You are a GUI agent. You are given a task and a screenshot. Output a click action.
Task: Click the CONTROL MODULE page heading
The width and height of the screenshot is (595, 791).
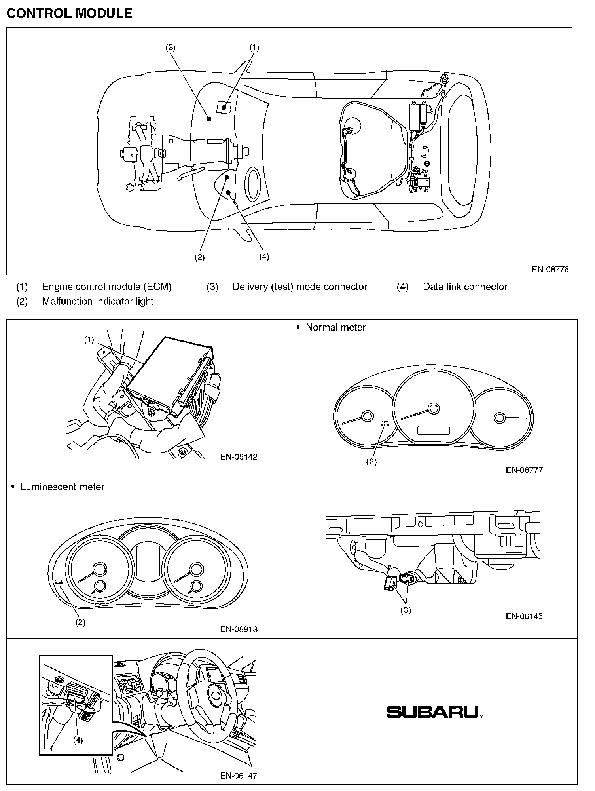[69, 13]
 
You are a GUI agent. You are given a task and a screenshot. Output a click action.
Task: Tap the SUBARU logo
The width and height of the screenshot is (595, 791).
[434, 712]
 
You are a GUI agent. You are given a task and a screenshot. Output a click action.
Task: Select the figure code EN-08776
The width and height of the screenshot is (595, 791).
[550, 269]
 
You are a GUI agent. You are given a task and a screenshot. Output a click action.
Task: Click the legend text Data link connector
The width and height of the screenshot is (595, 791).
[465, 287]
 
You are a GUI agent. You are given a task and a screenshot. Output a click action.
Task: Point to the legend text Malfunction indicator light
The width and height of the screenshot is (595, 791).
[97, 301]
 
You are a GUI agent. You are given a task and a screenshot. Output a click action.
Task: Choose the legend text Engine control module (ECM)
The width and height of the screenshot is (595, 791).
[106, 287]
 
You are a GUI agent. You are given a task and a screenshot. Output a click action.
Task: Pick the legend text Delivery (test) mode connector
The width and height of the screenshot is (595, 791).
[299, 287]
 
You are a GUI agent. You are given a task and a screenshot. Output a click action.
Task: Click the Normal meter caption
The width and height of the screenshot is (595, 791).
[335, 327]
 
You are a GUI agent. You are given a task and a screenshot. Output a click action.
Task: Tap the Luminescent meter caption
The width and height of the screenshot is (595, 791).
[62, 487]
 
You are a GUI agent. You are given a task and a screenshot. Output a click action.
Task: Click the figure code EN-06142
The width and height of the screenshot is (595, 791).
[239, 456]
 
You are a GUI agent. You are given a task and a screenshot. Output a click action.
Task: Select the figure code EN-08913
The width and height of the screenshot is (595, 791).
[239, 629]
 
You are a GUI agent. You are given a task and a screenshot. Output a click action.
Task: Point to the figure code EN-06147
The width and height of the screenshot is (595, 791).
[239, 776]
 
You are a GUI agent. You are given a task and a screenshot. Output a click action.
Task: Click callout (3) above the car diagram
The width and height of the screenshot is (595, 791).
[171, 48]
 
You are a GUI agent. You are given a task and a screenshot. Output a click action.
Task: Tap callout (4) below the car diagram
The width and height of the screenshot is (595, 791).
[264, 257]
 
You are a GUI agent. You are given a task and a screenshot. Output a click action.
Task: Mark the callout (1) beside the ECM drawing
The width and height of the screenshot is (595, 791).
[89, 340]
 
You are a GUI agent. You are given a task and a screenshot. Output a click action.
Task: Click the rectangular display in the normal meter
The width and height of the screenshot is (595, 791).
[433, 430]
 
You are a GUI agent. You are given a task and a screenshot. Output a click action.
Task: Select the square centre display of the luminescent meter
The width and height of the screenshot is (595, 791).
[148, 561]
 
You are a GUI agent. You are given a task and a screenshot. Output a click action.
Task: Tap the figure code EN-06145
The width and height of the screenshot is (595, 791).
[524, 616]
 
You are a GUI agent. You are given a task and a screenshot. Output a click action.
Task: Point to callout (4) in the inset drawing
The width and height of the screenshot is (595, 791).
[78, 740]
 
